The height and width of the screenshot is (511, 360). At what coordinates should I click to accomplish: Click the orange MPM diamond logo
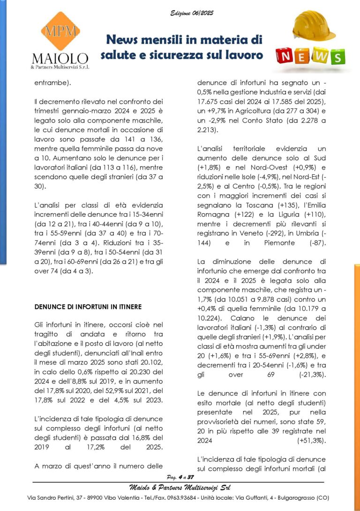(x=60, y=31)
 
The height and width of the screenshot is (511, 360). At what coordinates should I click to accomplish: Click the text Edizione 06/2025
(x=192, y=13)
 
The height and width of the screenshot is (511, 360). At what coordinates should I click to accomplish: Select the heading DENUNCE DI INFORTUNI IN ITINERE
(x=88, y=307)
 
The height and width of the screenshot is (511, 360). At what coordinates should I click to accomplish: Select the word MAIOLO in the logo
(x=60, y=59)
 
